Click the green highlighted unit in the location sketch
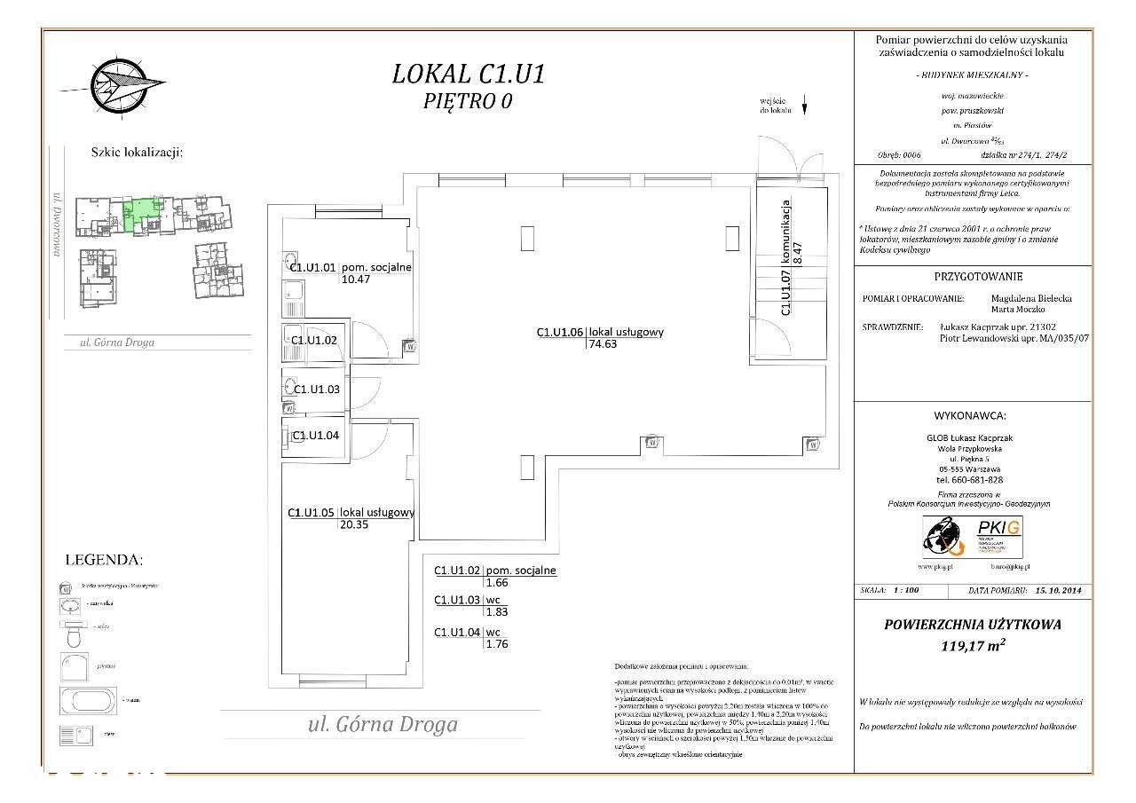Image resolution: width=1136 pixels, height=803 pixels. pyautogui.click(x=139, y=215)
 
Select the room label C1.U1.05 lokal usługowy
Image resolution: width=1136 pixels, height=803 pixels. pyautogui.click(x=351, y=512)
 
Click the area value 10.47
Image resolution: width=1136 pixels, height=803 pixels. pyautogui.click(x=355, y=279)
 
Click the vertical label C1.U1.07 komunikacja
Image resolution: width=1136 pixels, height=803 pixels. pyautogui.click(x=785, y=257)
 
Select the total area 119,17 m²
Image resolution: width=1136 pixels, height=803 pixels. pyautogui.click(x=972, y=646)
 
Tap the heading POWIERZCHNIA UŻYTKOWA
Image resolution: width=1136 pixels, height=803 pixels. pyautogui.click(x=972, y=625)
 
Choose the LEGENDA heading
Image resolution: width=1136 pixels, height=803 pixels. pyautogui.click(x=104, y=560)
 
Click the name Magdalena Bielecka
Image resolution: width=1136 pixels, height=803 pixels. pyautogui.click(x=1030, y=299)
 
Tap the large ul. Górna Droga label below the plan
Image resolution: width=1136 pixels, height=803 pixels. pyautogui.click(x=383, y=724)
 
